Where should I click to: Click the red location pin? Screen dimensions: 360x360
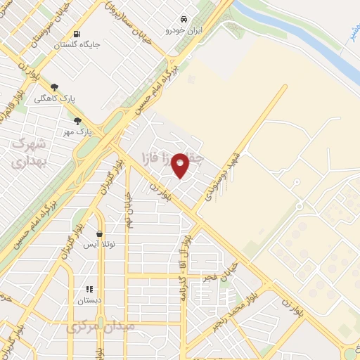pos(181,165)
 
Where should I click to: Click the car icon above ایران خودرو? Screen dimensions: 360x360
pos(183,18)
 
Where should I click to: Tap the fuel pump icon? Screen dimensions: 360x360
pos(75,34)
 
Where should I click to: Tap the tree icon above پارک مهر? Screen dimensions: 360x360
pos(77,120)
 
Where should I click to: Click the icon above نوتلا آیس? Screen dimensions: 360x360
pos(99,233)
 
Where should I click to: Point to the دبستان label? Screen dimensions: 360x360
pos(89,300)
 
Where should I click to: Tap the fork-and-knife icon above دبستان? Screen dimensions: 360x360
pos(89,289)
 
